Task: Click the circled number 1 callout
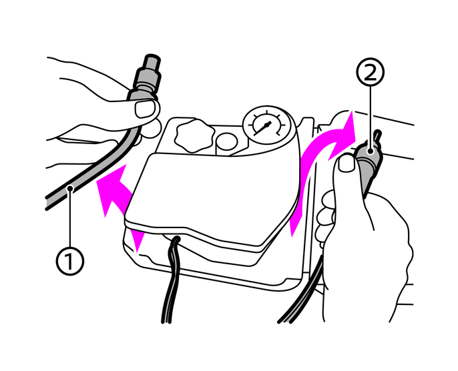pyautogui.click(x=69, y=261)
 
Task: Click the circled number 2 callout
pyautogui.click(x=371, y=72)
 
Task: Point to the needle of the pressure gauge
pyautogui.click(x=262, y=129)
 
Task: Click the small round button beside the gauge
pyautogui.click(x=227, y=142)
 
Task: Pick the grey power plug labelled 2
pyautogui.click(x=369, y=163)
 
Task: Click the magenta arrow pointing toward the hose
pyautogui.click(x=117, y=198)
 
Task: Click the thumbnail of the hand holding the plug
pyautogui.click(x=347, y=163)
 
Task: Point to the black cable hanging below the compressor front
pyautogui.click(x=170, y=280)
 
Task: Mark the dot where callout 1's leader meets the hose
pyautogui.click(x=70, y=189)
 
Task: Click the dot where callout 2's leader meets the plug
pyautogui.click(x=371, y=151)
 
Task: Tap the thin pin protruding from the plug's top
pyautogui.click(x=378, y=135)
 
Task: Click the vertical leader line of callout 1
pyautogui.click(x=70, y=219)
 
